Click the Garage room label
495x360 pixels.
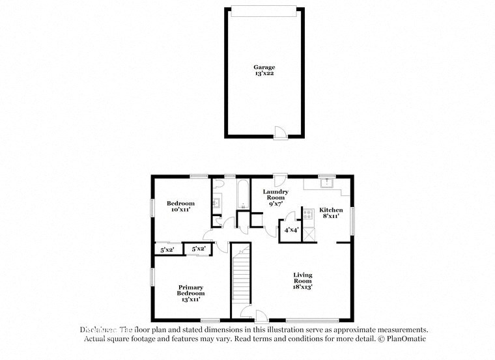click(264, 66)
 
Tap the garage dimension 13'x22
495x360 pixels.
click(264, 74)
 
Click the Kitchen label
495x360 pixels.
click(331, 210)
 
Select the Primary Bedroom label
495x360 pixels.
click(190, 290)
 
